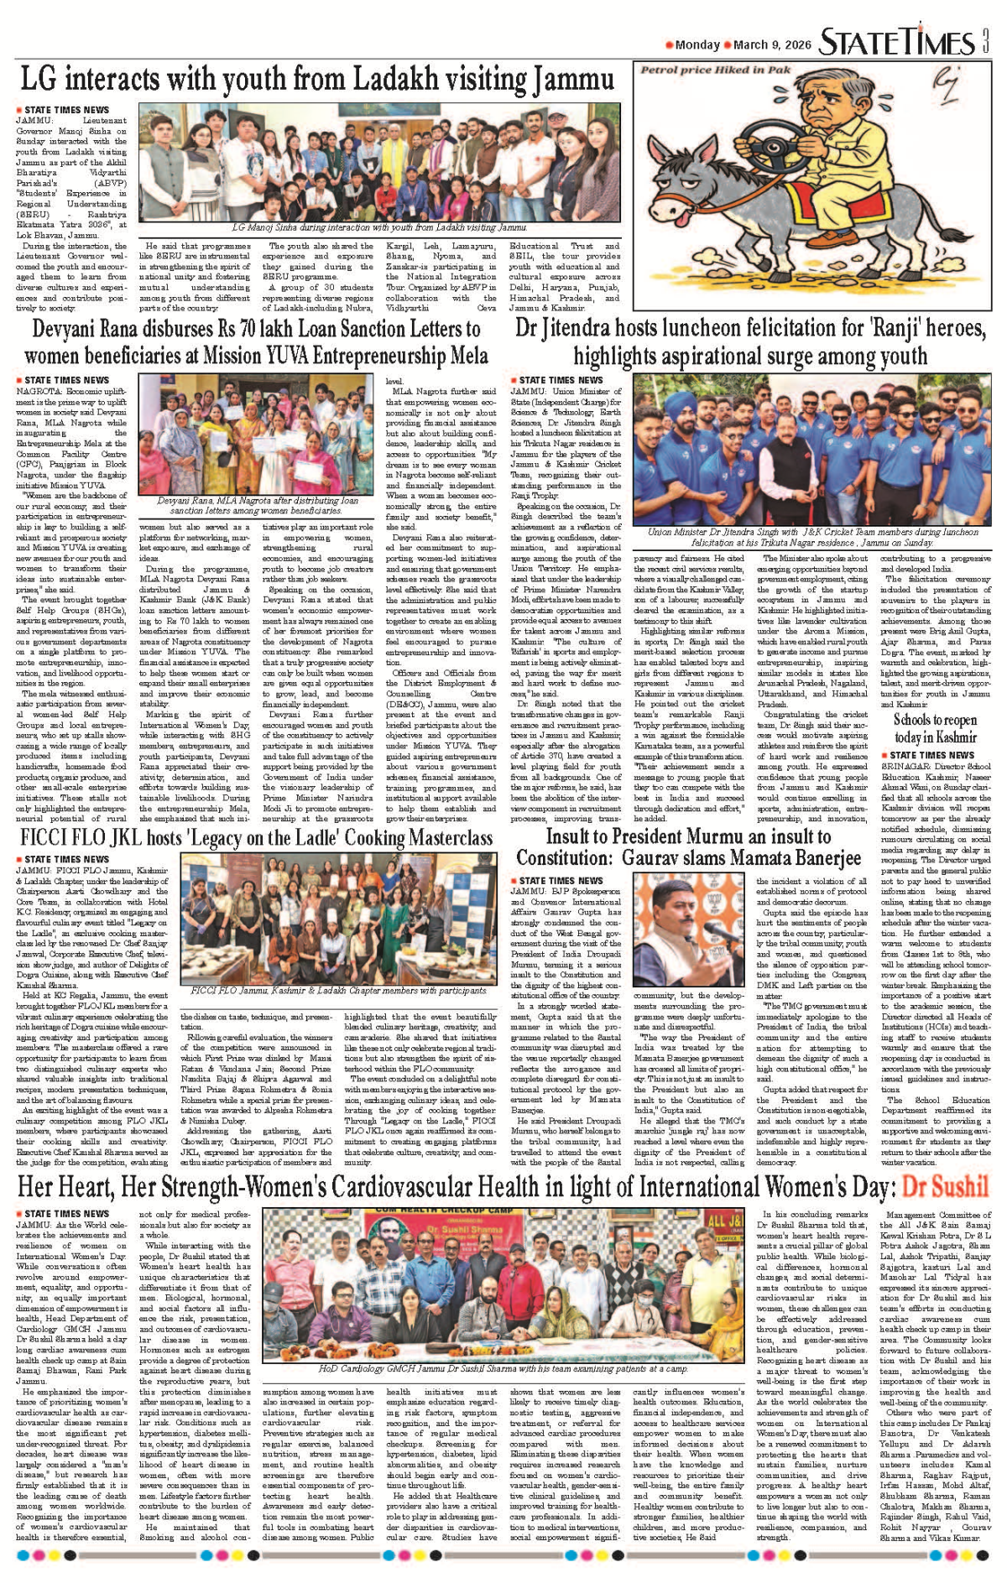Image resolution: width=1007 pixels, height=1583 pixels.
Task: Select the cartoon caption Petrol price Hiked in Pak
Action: click(716, 70)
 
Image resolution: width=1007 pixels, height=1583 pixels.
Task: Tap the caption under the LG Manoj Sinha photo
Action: click(379, 227)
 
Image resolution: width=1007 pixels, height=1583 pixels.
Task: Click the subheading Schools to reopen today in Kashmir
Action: click(935, 729)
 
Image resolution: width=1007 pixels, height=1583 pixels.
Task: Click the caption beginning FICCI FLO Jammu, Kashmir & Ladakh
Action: click(338, 990)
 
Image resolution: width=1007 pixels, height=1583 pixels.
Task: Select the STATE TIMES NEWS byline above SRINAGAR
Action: click(931, 755)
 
